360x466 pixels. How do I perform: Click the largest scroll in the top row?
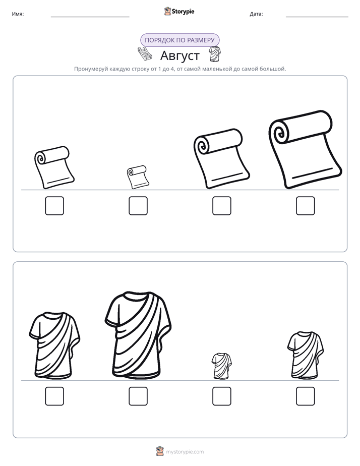pos(306,149)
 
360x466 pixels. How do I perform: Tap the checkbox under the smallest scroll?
pos(138,206)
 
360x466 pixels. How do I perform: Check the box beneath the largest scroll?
pos(306,206)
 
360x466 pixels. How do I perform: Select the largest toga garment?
pos(138,335)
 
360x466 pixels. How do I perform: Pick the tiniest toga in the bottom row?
pos(221,366)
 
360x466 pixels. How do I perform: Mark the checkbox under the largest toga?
pos(138,396)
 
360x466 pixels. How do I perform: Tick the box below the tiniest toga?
pos(221,396)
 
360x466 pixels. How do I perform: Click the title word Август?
pos(180,55)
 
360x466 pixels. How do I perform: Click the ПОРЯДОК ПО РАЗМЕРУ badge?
pos(179,40)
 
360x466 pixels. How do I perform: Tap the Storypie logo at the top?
pos(179,11)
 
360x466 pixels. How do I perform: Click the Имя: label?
pos(18,14)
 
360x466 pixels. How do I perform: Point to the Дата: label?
pos(256,14)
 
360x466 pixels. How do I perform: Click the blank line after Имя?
pos(90,17)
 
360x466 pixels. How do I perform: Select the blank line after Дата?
pos(317,17)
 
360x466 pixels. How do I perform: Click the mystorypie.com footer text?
pos(185,452)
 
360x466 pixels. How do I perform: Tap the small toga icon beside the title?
pos(214,54)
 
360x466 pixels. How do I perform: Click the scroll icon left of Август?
pos(145,54)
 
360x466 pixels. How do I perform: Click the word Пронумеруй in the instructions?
pos(91,69)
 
